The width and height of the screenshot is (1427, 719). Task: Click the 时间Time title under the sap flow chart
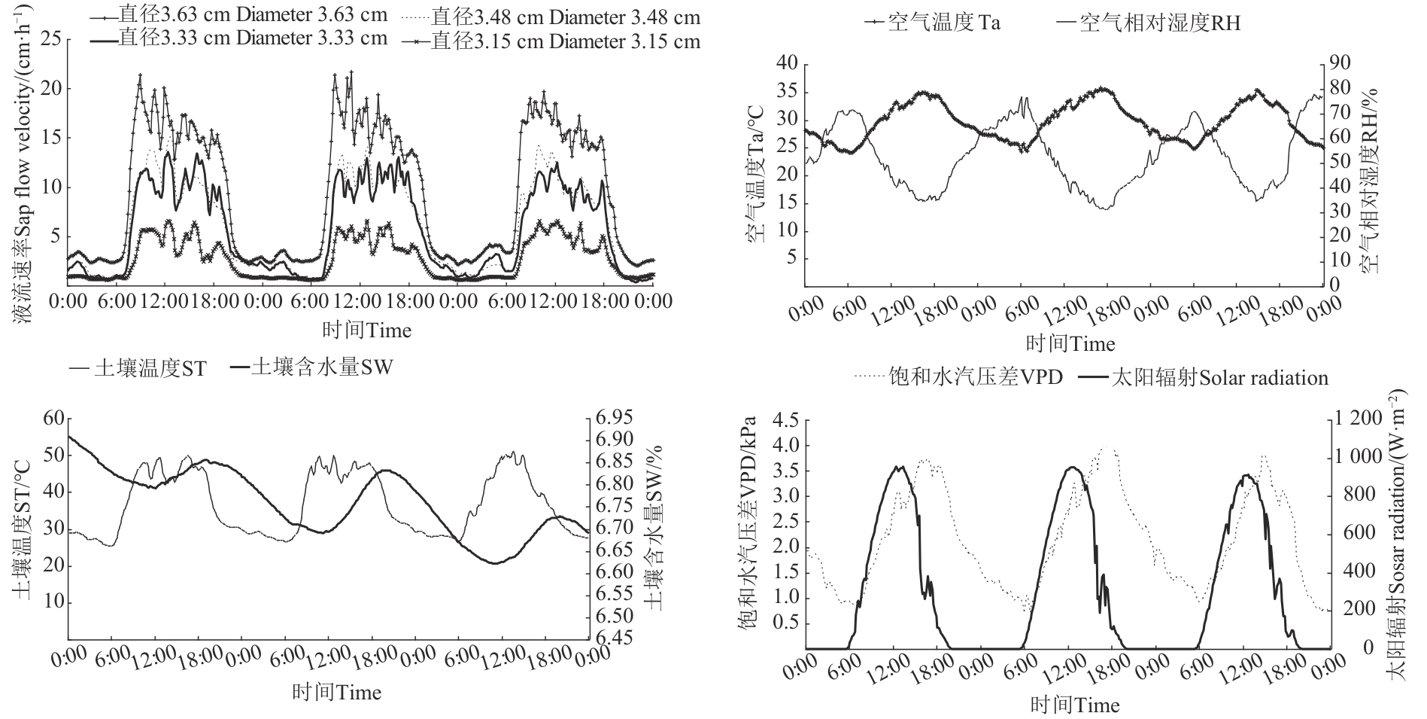(367, 330)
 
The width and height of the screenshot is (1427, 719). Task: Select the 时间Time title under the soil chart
(336, 692)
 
